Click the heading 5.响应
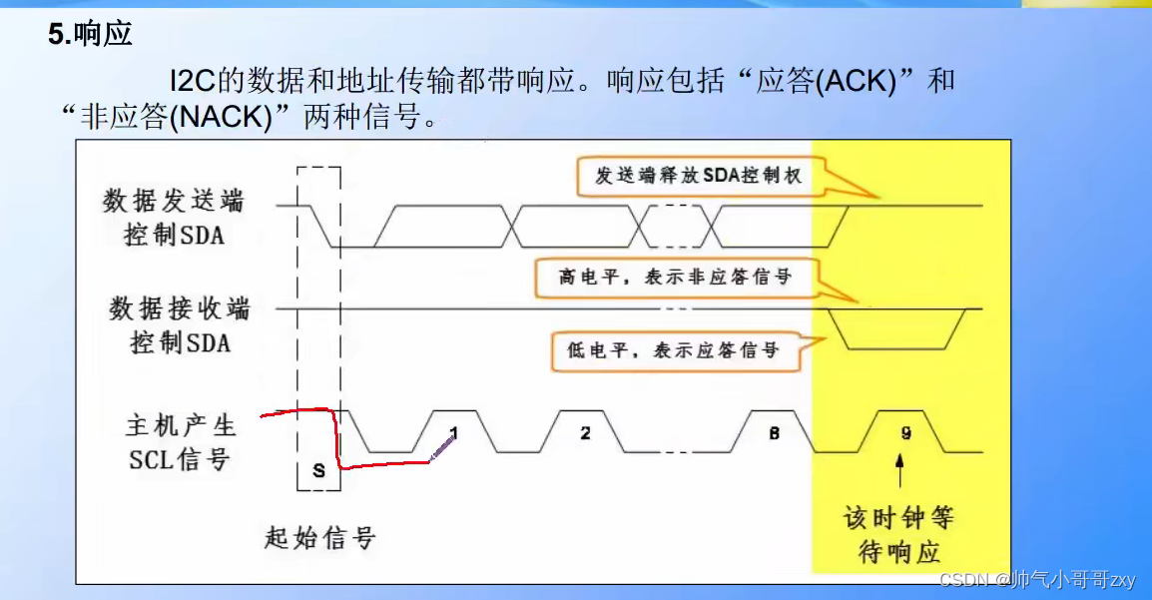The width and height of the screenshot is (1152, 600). coord(90,36)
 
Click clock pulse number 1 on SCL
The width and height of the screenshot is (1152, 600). coord(453,432)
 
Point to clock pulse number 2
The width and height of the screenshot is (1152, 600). coord(585,432)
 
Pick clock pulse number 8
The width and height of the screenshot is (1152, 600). coord(774,432)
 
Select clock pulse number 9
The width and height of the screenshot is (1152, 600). coord(904,432)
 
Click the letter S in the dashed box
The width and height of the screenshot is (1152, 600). coord(318,471)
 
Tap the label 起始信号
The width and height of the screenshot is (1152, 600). coord(319,538)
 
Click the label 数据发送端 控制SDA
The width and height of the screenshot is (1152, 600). coord(174,218)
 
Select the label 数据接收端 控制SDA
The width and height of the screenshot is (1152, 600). coord(180,324)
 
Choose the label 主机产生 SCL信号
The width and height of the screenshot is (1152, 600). coord(180,442)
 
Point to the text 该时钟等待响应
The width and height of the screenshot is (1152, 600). coord(899,534)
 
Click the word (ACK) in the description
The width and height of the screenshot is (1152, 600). coord(857,81)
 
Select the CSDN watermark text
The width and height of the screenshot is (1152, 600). coord(1038,580)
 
